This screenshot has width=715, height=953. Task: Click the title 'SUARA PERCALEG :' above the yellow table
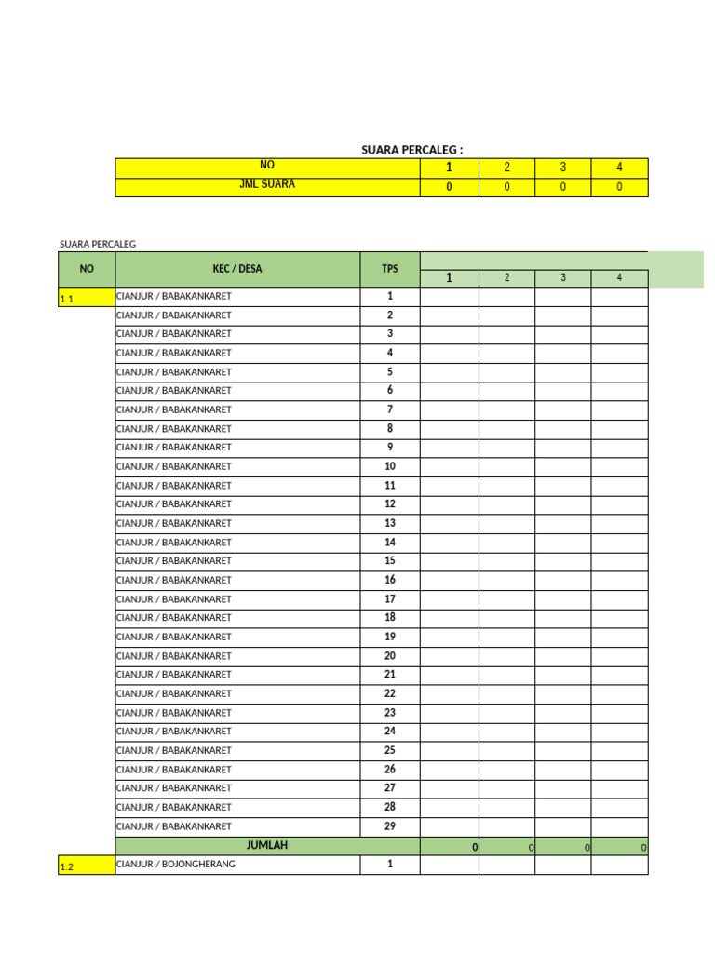click(x=411, y=150)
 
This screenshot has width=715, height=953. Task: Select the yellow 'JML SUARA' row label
click(x=267, y=184)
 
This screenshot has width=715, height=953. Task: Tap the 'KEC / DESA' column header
click(x=237, y=269)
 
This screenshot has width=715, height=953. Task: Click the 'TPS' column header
click(x=389, y=269)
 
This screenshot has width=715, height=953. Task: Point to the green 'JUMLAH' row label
click(x=267, y=846)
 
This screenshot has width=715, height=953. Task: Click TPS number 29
click(x=390, y=826)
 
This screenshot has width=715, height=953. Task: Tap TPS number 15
click(x=390, y=560)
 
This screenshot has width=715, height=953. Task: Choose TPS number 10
click(x=390, y=466)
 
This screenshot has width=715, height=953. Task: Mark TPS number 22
click(x=390, y=693)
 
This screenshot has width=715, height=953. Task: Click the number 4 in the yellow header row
click(x=619, y=168)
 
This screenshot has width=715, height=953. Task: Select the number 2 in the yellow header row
click(x=506, y=168)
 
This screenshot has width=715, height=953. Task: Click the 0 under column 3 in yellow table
click(x=562, y=187)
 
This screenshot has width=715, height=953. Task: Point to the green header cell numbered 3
click(x=562, y=278)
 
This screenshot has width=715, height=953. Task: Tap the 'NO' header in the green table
click(x=87, y=269)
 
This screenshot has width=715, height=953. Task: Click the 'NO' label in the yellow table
click(x=267, y=165)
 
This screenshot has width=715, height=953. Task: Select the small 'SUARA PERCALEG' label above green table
click(x=98, y=244)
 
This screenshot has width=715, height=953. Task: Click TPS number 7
click(x=390, y=409)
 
